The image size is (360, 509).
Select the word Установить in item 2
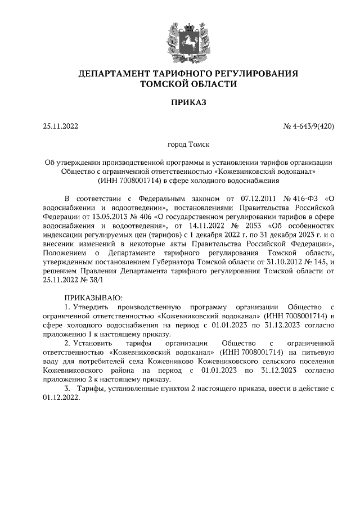point(92,343)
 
